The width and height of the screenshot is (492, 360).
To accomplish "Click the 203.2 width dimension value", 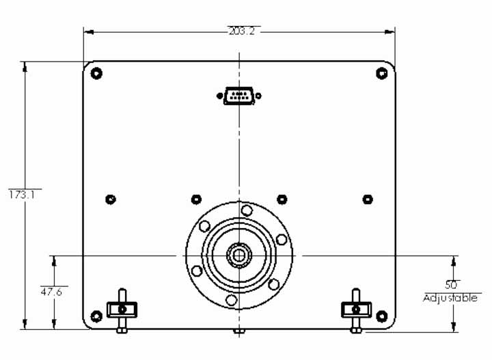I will point(240,31).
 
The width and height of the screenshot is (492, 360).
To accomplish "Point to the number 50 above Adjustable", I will point(452,284).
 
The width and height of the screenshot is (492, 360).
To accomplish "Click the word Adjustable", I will point(452,299).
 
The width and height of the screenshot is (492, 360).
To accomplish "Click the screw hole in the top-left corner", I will point(96,73).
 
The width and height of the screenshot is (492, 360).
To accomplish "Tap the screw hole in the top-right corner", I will point(382,73).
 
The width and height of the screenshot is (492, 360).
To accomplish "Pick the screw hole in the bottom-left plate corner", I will point(96,316).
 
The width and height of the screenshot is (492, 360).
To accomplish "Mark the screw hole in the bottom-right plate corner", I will point(382,316).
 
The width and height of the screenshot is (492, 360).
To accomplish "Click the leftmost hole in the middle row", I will point(111,199).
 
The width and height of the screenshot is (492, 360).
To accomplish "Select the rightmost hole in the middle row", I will point(367,199).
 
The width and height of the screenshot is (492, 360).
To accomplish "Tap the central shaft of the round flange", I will point(239,255).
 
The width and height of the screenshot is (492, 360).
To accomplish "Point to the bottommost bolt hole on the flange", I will point(232,300).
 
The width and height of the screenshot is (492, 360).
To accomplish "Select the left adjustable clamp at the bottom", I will point(122,309).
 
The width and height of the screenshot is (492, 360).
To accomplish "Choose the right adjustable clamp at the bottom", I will point(355,309).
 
